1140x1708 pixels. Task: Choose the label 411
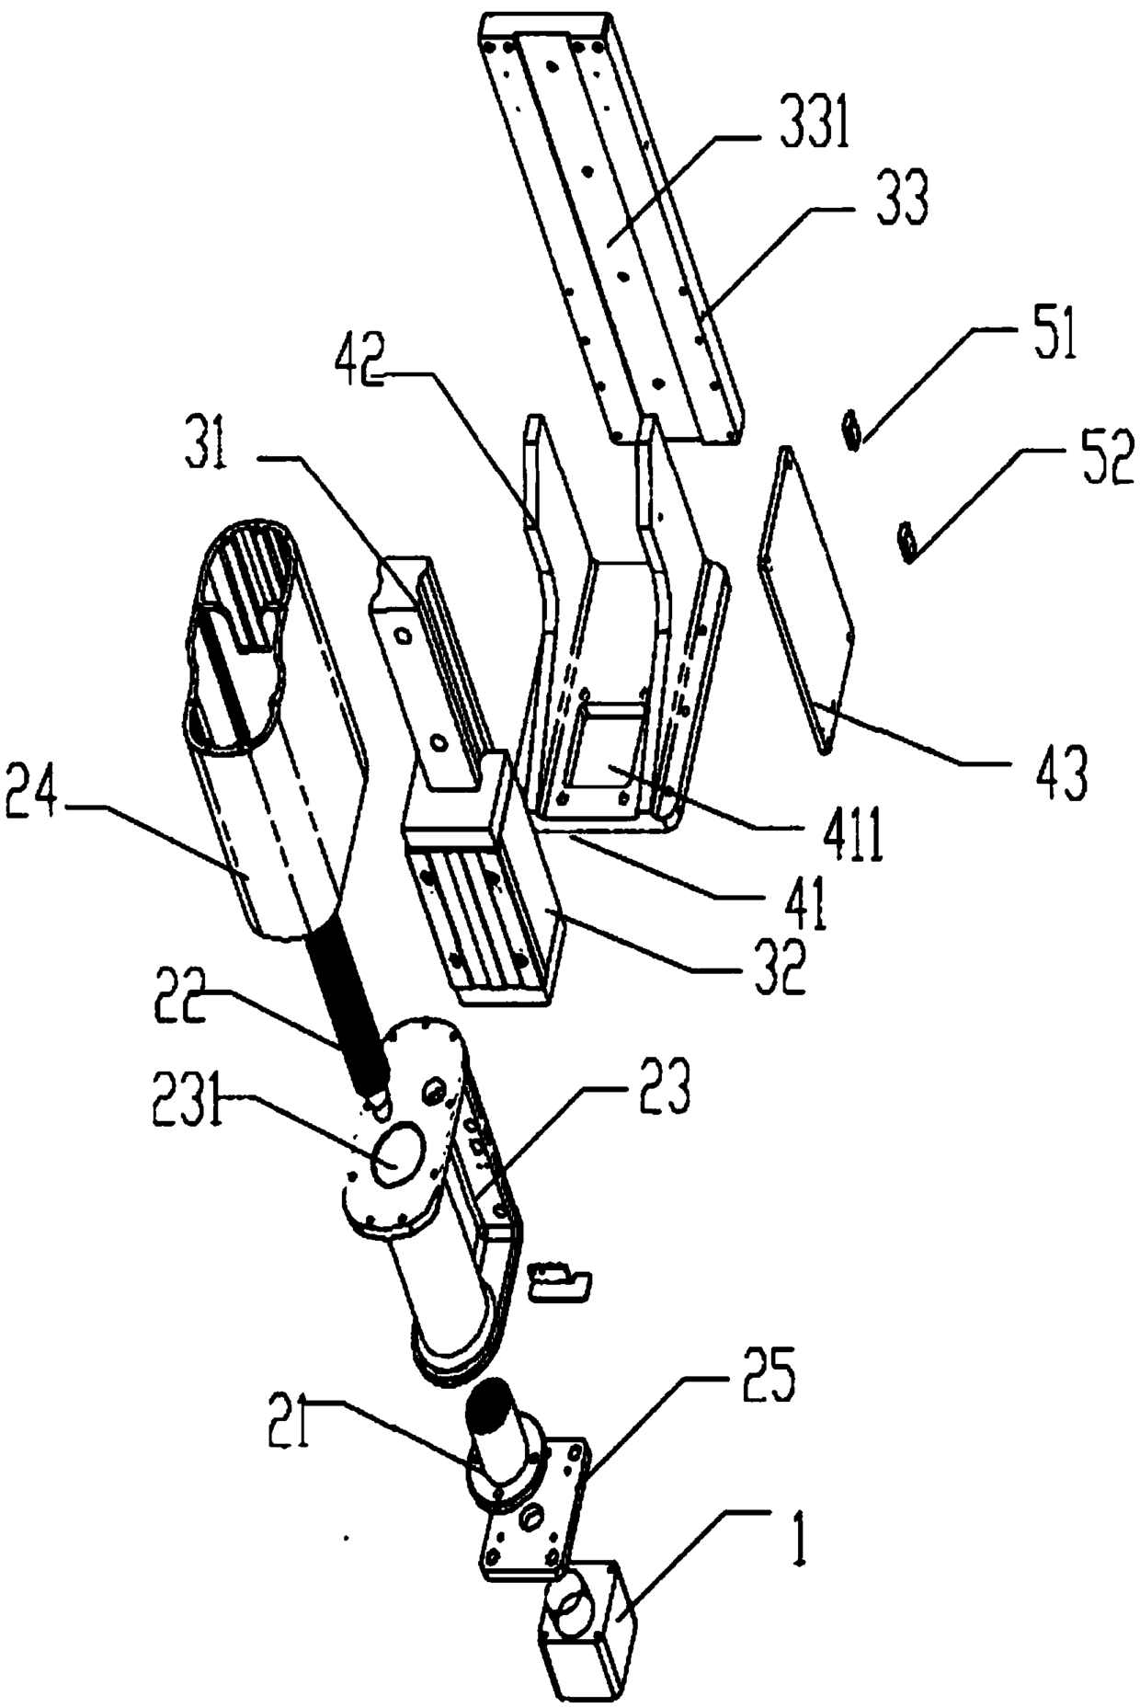click(x=854, y=836)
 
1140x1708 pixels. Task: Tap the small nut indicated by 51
click(x=851, y=429)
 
